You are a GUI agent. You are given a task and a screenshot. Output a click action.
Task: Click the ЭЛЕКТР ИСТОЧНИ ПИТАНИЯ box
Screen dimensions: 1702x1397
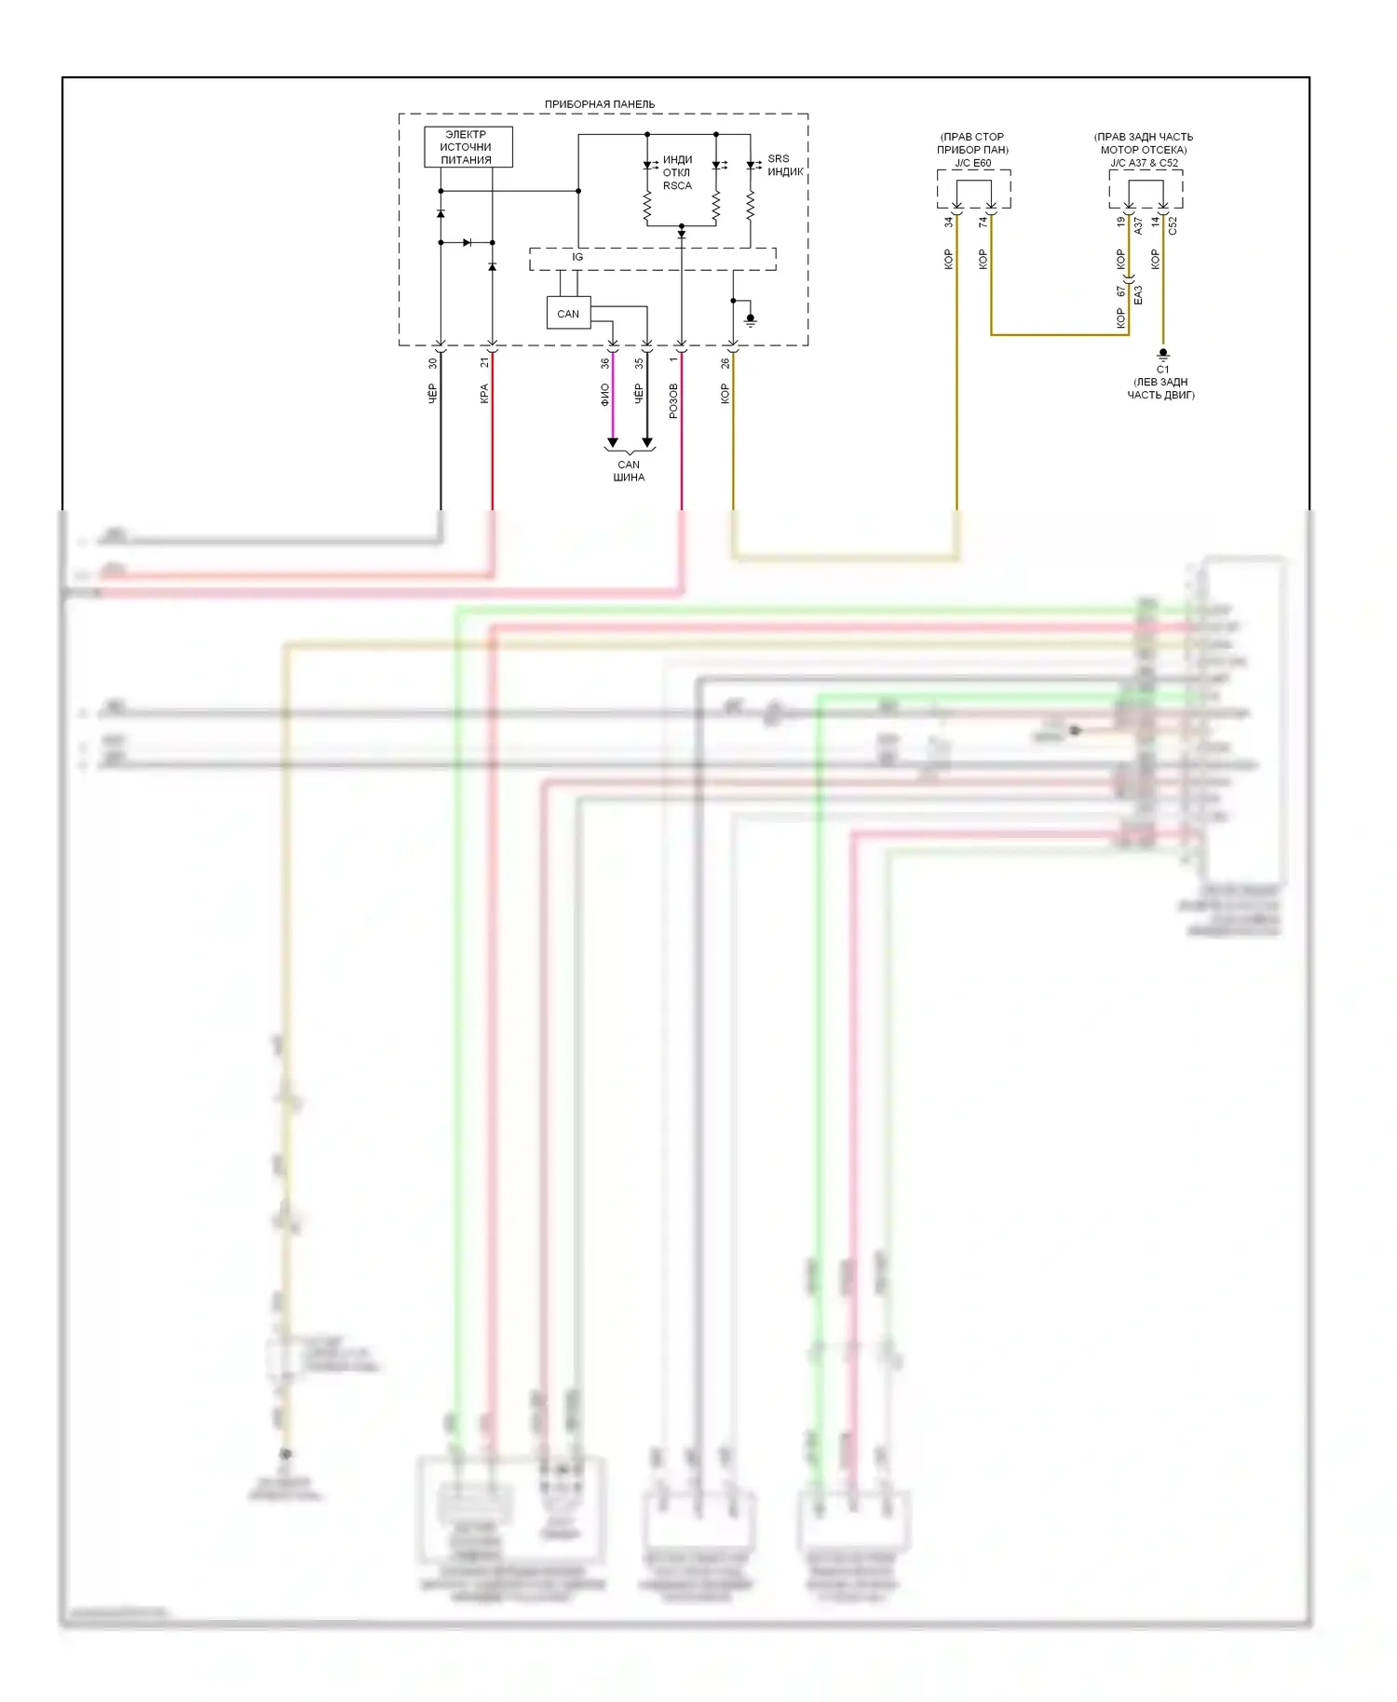pyautogui.click(x=468, y=147)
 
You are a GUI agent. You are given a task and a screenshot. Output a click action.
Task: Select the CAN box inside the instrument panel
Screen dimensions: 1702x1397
pyautogui.click(x=568, y=314)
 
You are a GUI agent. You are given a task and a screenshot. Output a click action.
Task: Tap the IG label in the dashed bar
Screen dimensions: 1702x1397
pyautogui.click(x=577, y=257)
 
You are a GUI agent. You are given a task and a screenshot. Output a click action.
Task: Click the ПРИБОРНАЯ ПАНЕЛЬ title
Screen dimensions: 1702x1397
pyautogui.click(x=600, y=104)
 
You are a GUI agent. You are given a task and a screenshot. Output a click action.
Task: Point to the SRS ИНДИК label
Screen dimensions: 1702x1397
pyautogui.click(x=784, y=166)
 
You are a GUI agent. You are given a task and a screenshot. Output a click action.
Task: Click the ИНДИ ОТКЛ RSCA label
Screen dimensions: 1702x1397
pyautogui.click(x=677, y=173)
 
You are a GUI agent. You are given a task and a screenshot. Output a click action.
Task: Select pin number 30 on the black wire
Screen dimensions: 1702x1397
pyautogui.click(x=432, y=363)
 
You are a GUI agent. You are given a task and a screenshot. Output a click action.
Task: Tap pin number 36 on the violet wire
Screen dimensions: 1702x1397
pyautogui.click(x=604, y=363)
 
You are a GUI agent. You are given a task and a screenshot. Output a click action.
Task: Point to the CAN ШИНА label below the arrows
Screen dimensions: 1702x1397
pyautogui.click(x=629, y=471)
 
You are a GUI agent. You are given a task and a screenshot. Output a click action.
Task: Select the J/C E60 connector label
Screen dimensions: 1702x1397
pyautogui.click(x=973, y=163)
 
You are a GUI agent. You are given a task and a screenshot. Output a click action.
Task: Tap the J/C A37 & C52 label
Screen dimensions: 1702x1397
pyautogui.click(x=1144, y=163)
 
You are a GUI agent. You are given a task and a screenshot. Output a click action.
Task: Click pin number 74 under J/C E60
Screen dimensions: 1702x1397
pyautogui.click(x=983, y=223)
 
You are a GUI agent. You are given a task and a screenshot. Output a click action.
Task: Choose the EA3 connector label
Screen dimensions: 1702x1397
pyautogui.click(x=1138, y=295)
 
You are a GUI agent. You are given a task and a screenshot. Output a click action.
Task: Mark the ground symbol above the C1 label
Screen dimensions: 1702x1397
pyautogui.click(x=1162, y=354)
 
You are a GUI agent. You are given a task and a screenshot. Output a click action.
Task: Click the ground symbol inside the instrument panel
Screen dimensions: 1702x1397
pyautogui.click(x=751, y=319)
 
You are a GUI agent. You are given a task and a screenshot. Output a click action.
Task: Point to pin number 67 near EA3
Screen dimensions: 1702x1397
pyautogui.click(x=1120, y=291)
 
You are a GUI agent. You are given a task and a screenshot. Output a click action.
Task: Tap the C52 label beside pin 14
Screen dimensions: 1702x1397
pyautogui.click(x=1173, y=225)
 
